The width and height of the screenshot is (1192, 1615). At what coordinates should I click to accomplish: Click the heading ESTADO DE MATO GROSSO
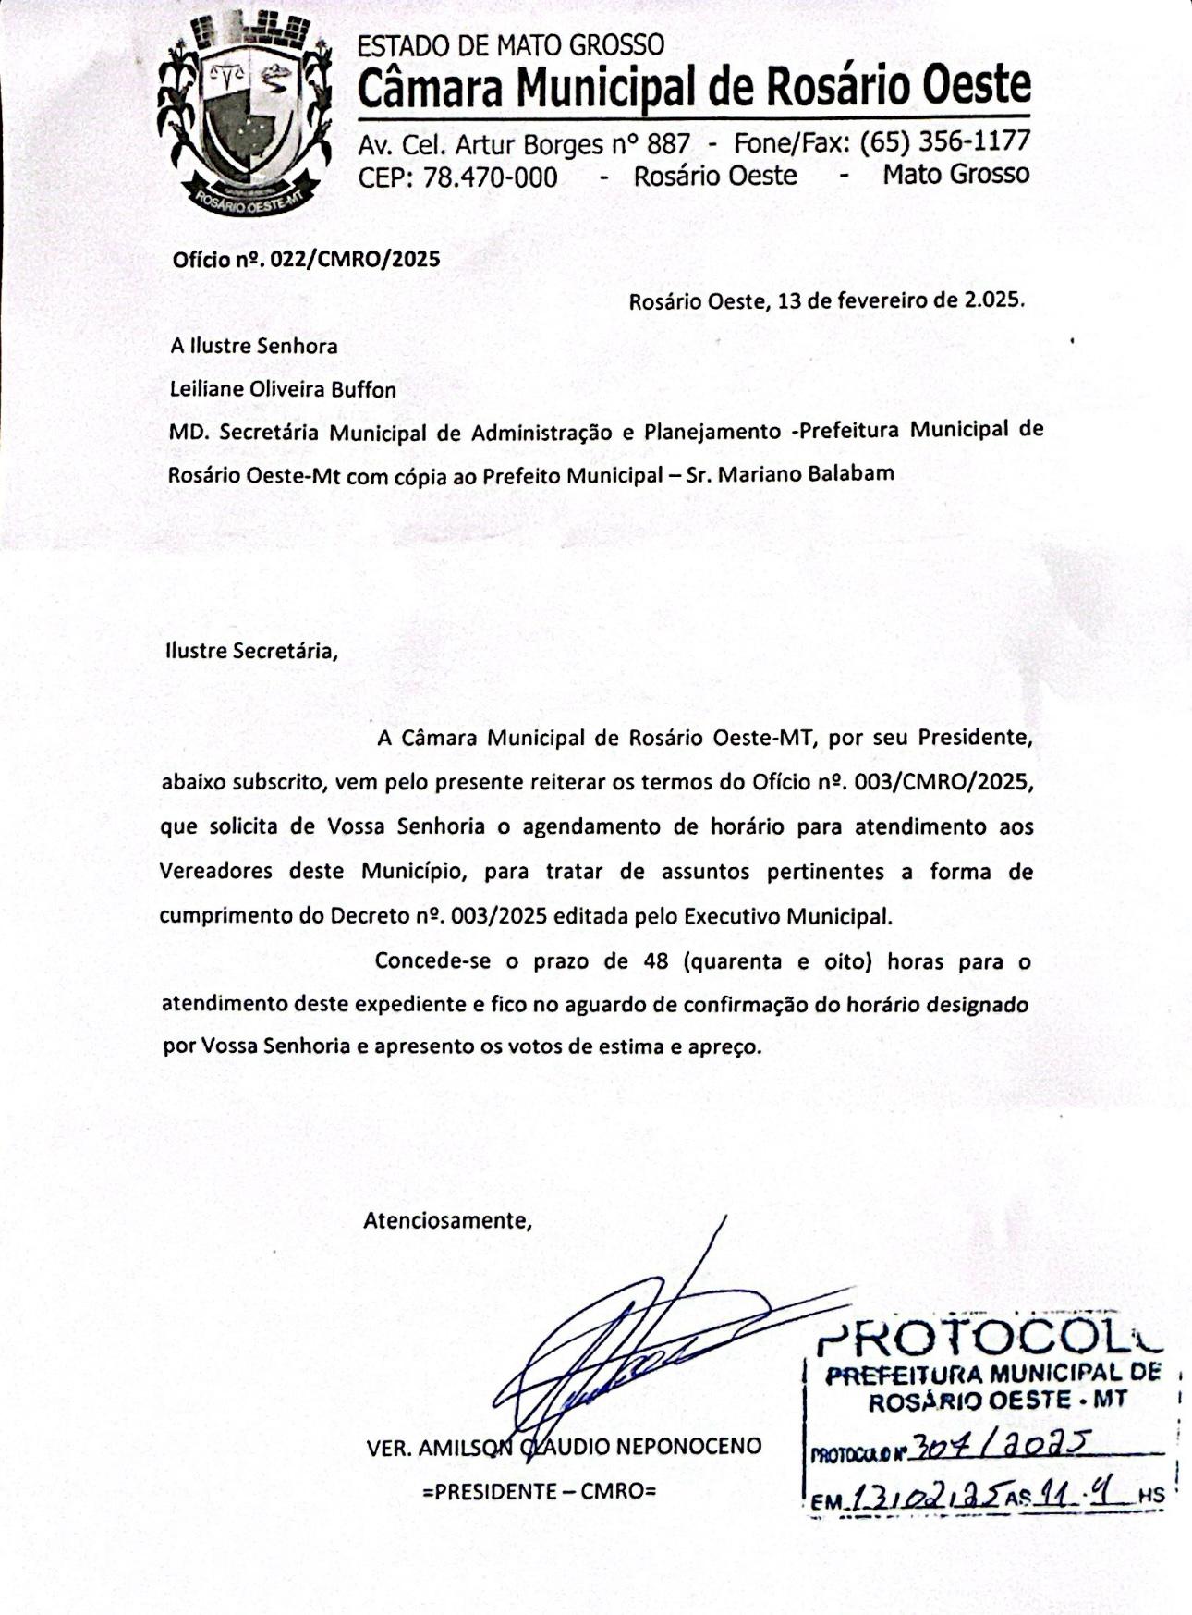click(x=510, y=45)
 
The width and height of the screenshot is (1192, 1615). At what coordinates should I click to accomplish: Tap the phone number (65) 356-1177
click(x=944, y=141)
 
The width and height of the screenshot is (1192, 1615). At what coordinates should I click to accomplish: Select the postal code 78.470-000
click(x=490, y=177)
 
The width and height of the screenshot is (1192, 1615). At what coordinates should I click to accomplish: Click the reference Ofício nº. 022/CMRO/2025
click(x=306, y=259)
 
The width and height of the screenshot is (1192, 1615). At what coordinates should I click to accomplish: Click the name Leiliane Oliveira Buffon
click(x=283, y=389)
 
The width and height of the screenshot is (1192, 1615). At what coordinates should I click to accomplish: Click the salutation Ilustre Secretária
click(x=251, y=650)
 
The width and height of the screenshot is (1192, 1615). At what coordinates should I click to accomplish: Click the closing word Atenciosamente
click(x=447, y=1220)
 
